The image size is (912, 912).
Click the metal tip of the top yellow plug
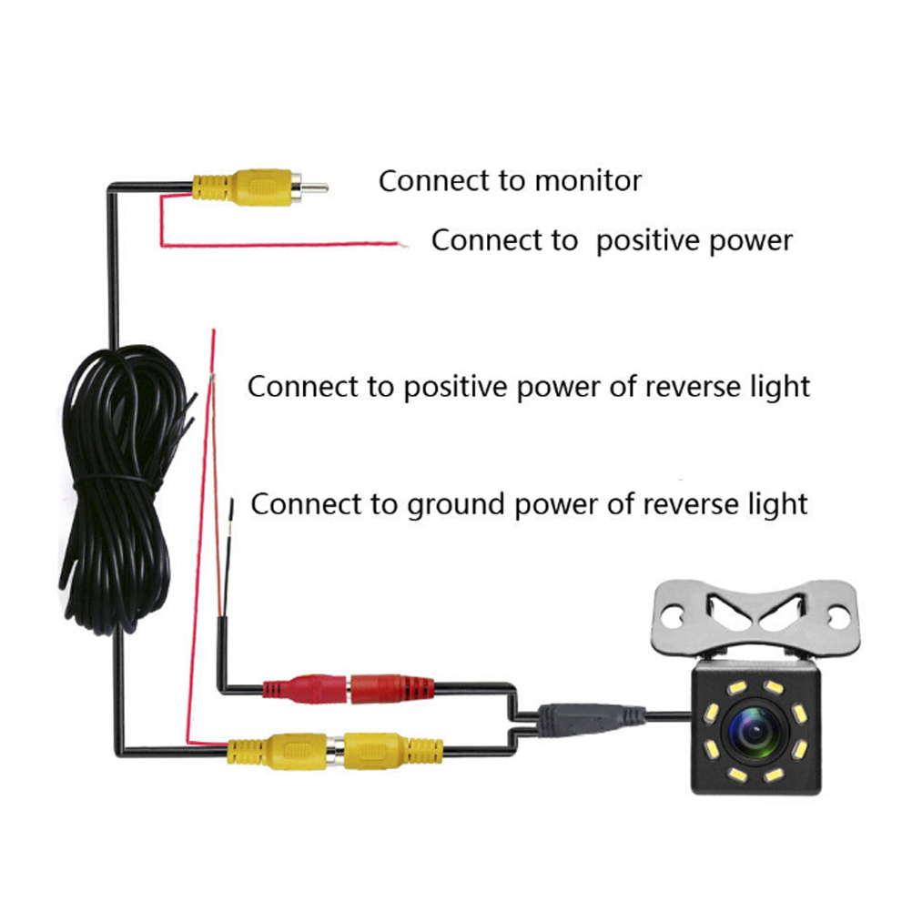click(x=314, y=189)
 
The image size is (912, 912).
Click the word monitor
click(x=588, y=180)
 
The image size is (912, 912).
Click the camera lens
click(x=753, y=729)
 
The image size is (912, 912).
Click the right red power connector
click(x=390, y=687)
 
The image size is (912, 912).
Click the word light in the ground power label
click(x=773, y=503)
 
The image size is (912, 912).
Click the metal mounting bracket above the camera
click(x=756, y=619)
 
